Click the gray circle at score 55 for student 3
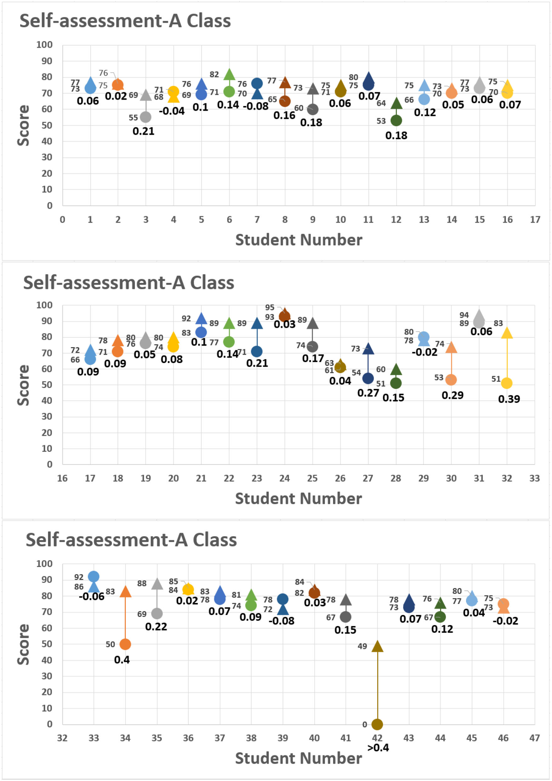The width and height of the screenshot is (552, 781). [x=145, y=117]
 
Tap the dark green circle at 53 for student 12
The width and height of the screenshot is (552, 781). [x=396, y=120]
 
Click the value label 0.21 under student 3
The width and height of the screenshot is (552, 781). [x=144, y=131]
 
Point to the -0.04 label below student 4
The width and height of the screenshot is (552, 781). [x=172, y=111]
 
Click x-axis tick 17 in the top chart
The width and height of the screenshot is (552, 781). [x=535, y=220]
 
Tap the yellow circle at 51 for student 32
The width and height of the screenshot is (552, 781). [x=506, y=383]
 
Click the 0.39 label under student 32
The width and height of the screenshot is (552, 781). [x=509, y=399]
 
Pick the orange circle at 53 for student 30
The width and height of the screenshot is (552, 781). [x=451, y=379]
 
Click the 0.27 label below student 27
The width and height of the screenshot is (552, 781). [x=368, y=393]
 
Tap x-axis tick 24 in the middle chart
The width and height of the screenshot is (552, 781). [x=284, y=478]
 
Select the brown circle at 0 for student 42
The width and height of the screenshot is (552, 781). [x=377, y=725]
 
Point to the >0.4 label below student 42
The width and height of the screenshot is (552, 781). [x=378, y=748]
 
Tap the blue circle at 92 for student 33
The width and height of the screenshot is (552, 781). [x=93, y=577]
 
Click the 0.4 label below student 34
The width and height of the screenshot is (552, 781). [x=122, y=660]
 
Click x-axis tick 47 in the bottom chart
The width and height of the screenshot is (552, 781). [x=534, y=738]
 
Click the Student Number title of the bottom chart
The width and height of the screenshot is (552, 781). [x=298, y=759]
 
